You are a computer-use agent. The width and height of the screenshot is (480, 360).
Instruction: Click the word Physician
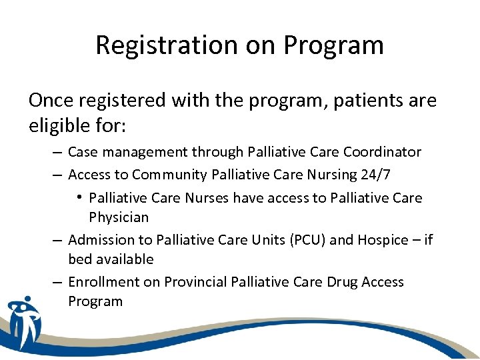[119, 217]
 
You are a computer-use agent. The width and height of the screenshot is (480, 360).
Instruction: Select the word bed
[79, 259]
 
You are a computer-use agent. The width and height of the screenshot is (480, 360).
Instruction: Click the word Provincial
[195, 282]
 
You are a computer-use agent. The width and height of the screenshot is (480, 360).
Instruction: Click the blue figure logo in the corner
[25, 322]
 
